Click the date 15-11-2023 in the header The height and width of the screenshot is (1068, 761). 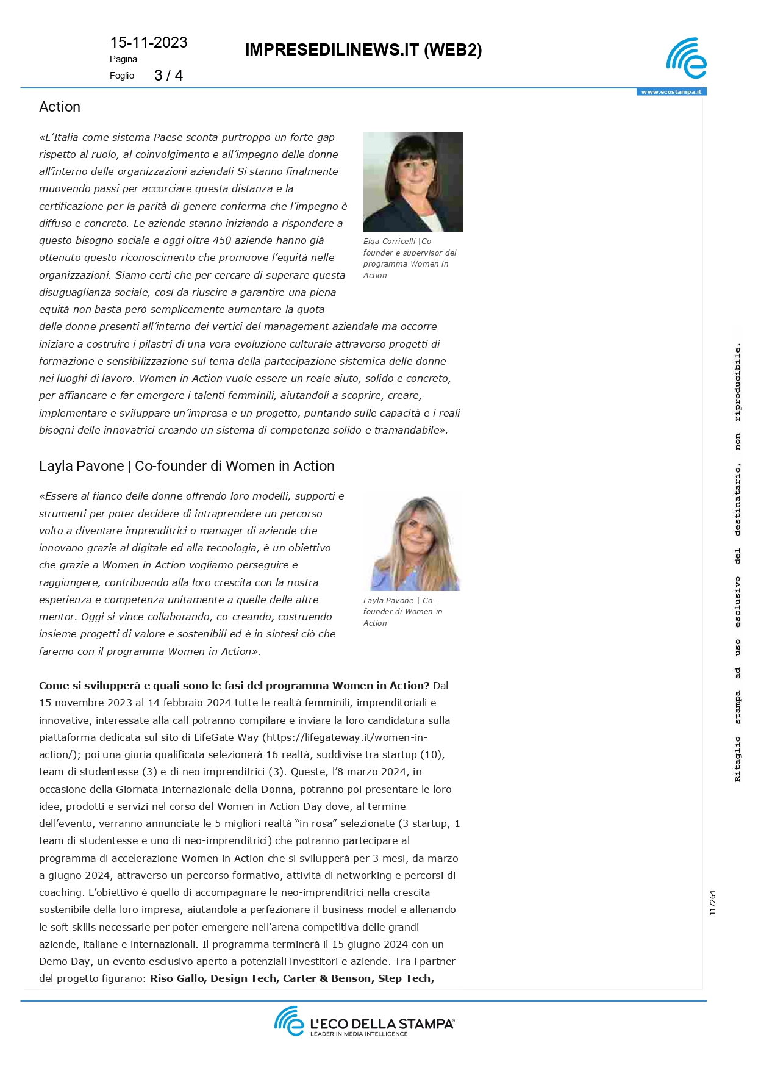coord(148,43)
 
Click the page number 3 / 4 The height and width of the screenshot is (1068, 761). coord(168,76)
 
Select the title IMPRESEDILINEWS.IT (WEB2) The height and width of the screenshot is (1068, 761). coord(363,50)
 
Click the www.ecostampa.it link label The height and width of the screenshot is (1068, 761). coord(671,92)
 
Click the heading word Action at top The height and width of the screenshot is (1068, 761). coord(60,107)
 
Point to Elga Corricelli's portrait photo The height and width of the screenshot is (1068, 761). coord(413,181)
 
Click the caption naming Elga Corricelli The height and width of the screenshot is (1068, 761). coord(409,258)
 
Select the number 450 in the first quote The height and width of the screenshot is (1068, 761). coord(222,240)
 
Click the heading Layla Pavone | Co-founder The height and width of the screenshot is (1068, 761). coord(187,466)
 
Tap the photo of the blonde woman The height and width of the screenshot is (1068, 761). coord(413,540)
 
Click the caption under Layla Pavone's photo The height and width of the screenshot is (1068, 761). coord(402,612)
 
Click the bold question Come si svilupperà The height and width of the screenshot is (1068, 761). coord(234,686)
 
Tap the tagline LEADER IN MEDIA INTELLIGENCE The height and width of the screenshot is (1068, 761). coord(359,1034)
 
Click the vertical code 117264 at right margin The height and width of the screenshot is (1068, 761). coord(713,903)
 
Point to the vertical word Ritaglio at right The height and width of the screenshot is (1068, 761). coord(737,759)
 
